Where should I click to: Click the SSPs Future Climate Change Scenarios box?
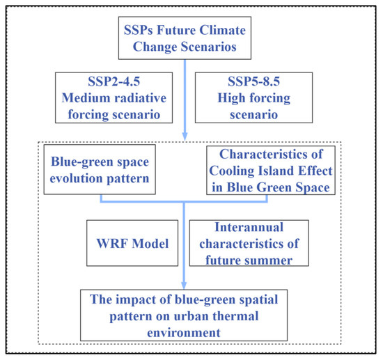coord(185,38)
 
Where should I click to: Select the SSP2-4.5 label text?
coord(114,81)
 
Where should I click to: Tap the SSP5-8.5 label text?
coord(253,81)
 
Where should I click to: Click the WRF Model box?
coord(132,243)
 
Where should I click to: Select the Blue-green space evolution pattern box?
coord(100,169)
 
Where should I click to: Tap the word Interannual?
coord(249,227)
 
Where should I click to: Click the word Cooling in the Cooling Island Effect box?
coord(232,171)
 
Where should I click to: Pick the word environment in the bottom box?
coord(184,333)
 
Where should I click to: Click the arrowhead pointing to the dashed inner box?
coord(185,136)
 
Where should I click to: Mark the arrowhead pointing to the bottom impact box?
coord(184,285)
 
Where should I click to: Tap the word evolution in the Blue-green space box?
coord(77,178)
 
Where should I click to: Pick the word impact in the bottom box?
coord(135,300)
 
